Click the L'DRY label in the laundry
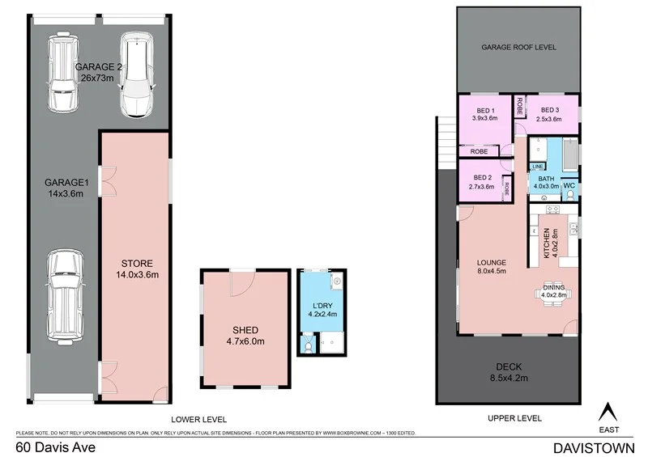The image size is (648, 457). [x=321, y=305]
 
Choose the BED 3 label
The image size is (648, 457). [x=551, y=110]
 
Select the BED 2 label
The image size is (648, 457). [x=482, y=177]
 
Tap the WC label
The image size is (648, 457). [x=569, y=185]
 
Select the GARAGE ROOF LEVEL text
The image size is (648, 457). [x=518, y=48]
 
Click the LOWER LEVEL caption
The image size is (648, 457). [x=198, y=418]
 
